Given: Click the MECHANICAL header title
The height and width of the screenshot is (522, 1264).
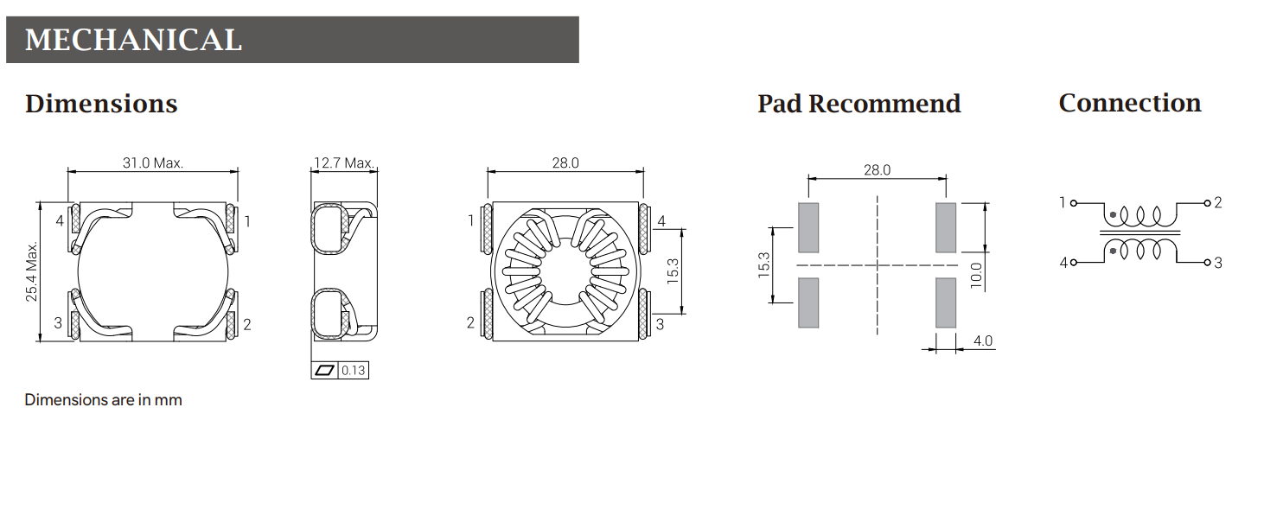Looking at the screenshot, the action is coord(133,40).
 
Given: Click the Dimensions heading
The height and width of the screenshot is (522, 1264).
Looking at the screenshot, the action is coord(101,104).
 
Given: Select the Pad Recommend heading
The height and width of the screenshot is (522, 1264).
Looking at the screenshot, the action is coord(859,104).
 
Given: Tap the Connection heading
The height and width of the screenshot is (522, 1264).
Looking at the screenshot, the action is coord(1130,103).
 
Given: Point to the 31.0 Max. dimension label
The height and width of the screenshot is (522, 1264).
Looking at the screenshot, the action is coord(153,163).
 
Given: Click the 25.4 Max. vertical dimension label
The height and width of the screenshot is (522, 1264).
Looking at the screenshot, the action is coord(32,271).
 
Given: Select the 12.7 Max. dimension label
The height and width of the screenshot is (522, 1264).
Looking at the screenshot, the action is coord(343,163).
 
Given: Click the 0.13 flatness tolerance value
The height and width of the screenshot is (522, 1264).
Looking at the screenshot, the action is coord(354,370).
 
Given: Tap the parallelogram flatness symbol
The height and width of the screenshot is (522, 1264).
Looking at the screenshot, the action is coord(324,370).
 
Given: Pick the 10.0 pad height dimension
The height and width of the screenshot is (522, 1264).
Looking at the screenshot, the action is coord(976,276).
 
